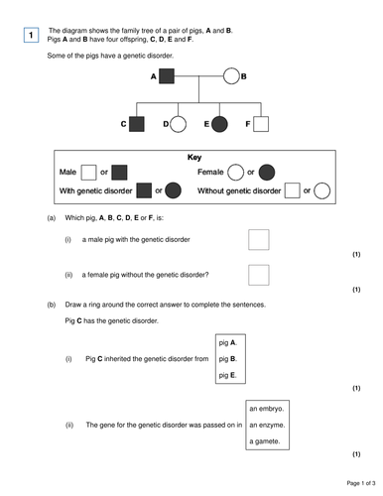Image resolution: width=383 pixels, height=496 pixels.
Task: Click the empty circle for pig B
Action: [231, 75]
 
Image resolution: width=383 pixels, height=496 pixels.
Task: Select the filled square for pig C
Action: [139, 124]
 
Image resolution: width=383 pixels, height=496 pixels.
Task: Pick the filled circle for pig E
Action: [220, 124]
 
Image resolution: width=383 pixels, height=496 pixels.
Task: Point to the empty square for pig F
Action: [261, 124]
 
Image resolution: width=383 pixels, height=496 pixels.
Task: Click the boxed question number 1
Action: [31, 37]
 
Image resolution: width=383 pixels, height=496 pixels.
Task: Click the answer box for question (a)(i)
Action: [258, 239]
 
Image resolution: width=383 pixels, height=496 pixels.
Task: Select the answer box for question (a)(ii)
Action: [258, 275]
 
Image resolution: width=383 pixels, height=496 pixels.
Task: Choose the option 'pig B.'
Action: [228, 358]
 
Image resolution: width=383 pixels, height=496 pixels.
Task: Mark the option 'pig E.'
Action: [228, 375]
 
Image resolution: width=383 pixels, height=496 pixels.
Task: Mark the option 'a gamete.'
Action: [267, 441]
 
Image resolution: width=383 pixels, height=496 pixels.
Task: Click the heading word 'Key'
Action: [194, 157]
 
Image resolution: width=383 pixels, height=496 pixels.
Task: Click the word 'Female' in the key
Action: [211, 173]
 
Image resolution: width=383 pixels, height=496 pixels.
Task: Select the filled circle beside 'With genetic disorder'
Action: [173, 189]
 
